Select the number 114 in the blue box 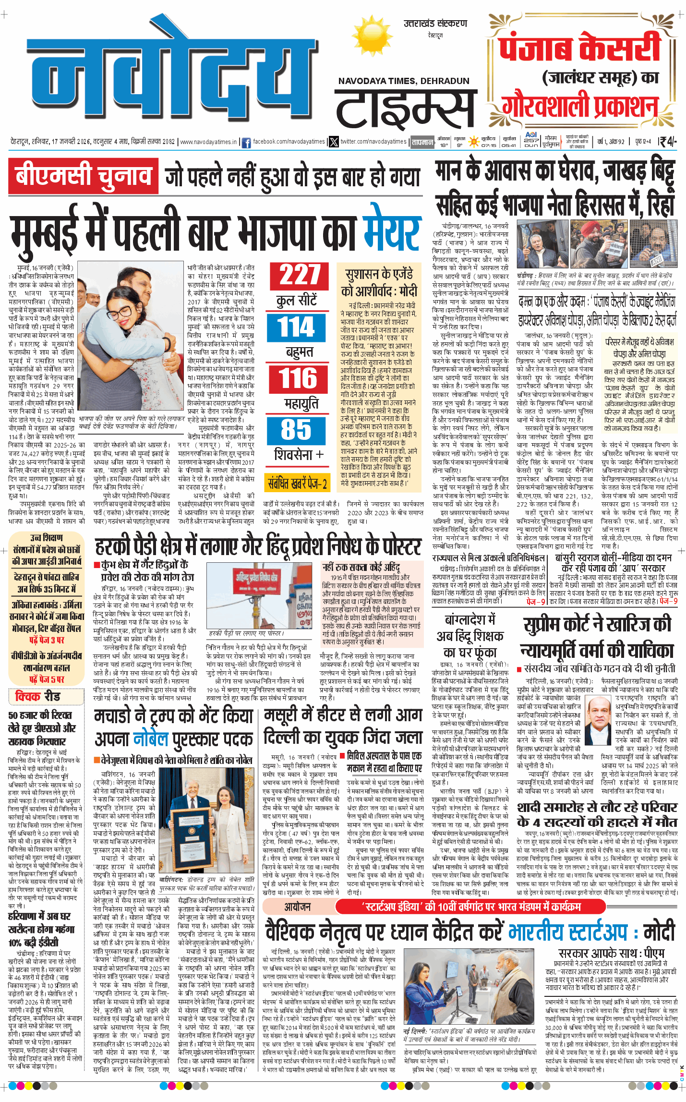(x=296, y=327)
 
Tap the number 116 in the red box (x=299, y=378)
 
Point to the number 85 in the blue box (x=296, y=430)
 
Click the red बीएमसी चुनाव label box (x=83, y=176)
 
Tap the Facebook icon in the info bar (x=246, y=142)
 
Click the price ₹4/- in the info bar (x=667, y=142)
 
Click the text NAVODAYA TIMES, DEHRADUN (x=403, y=81)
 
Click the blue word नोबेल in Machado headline (x=151, y=739)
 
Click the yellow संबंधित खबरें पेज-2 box (x=297, y=483)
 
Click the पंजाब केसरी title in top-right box (x=579, y=48)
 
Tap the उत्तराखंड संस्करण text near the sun (x=435, y=23)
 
